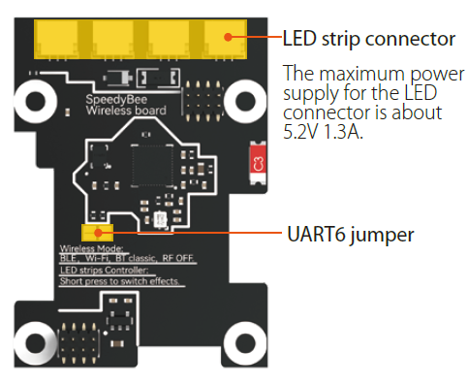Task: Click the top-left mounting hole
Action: tap(38, 101)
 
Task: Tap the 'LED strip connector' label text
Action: tap(368, 40)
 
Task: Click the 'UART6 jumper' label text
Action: tap(352, 234)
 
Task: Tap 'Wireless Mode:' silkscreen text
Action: tap(81, 248)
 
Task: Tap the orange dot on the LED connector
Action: tap(229, 36)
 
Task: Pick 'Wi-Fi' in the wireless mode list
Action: tap(100, 259)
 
